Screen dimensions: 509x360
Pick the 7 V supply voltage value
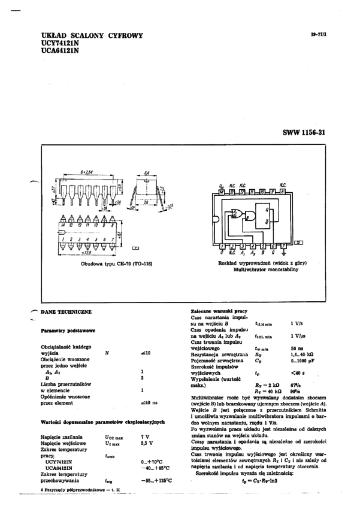click(144, 437)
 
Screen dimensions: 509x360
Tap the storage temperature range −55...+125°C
click(156, 480)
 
